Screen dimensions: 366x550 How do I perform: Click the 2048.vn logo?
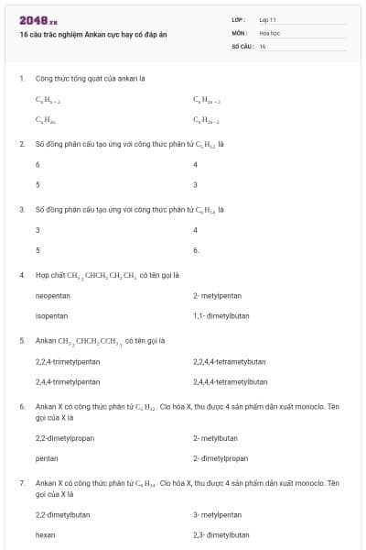click(38, 19)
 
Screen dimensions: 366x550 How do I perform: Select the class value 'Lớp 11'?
click(268, 19)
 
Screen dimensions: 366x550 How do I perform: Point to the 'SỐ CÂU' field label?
click(242, 46)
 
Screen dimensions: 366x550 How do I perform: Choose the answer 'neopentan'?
click(53, 296)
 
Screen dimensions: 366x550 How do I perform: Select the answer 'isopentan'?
click(51, 315)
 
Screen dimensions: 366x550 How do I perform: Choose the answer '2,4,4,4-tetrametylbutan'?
click(231, 381)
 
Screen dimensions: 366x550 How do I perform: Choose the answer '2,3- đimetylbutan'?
click(221, 533)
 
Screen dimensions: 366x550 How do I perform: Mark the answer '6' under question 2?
click(38, 165)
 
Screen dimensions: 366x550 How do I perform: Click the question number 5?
click(22, 340)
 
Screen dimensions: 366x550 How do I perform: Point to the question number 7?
click(22, 482)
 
